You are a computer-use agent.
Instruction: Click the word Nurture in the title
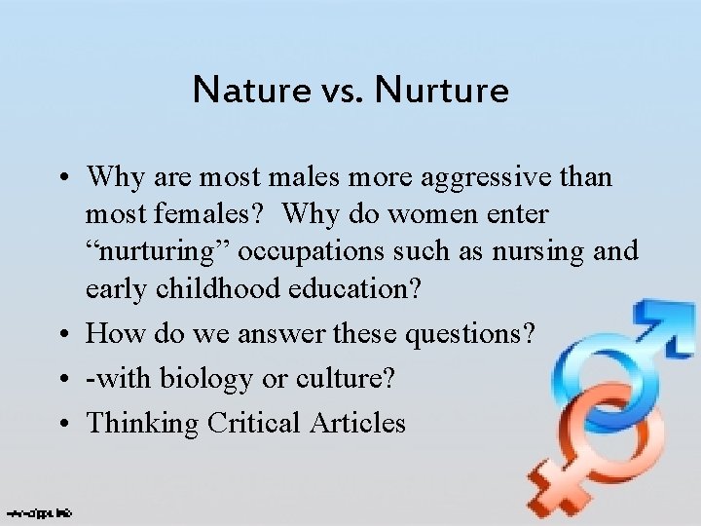pos(443,91)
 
